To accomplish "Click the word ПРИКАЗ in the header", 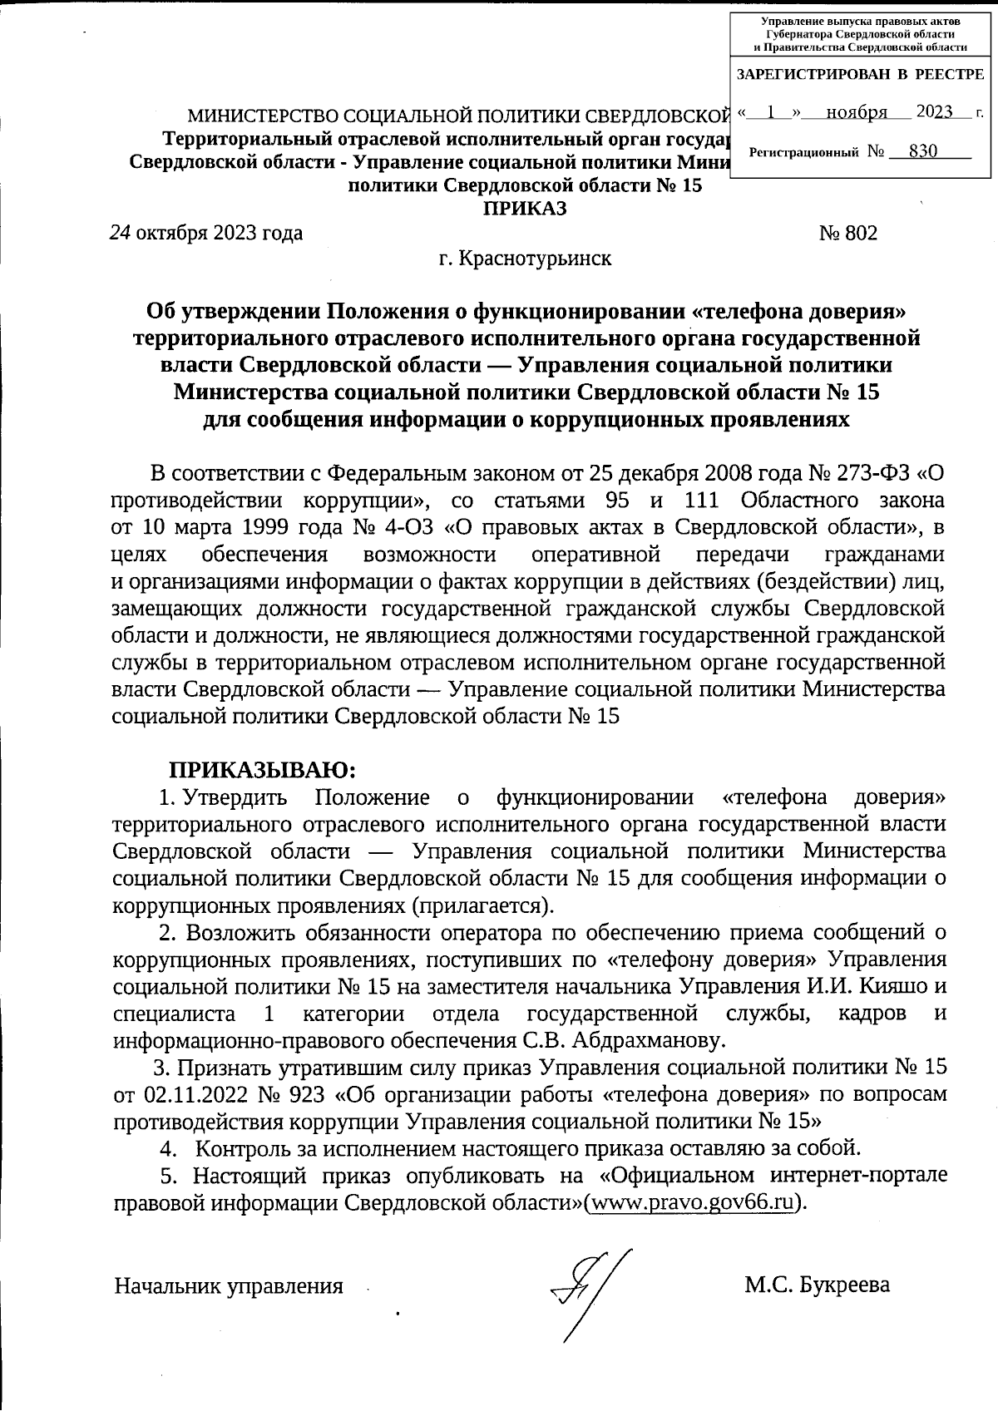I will (526, 208).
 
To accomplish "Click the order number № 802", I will (848, 234).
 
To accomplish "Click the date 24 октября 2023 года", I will (207, 233).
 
